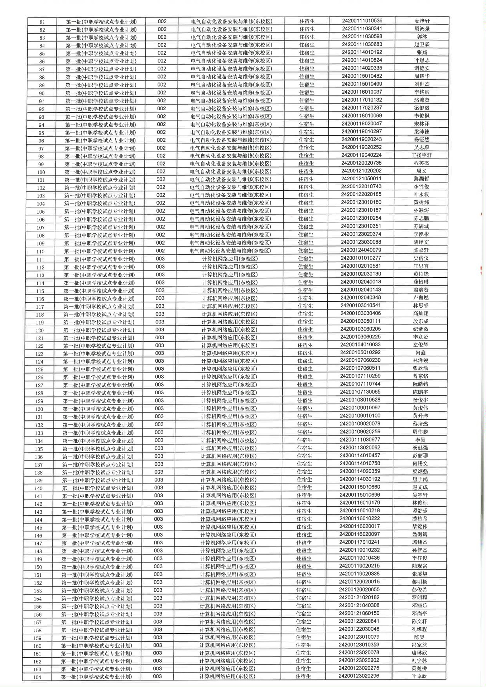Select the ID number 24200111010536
click(x=362, y=21)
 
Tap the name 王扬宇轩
click(x=422, y=155)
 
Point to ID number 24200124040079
click(x=361, y=250)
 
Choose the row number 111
click(x=40, y=259)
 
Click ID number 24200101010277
click(x=361, y=258)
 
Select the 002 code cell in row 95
click(x=162, y=132)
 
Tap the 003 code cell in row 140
click(x=159, y=487)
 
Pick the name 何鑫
click(x=420, y=353)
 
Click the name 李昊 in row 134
click(x=420, y=440)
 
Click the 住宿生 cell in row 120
click(x=305, y=329)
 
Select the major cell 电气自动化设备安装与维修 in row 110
click(x=230, y=250)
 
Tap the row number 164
click(x=37, y=677)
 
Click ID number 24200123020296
click(x=359, y=676)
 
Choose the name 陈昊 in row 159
click(x=419, y=637)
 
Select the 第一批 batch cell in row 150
click(x=97, y=567)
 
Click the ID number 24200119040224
click(x=361, y=155)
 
